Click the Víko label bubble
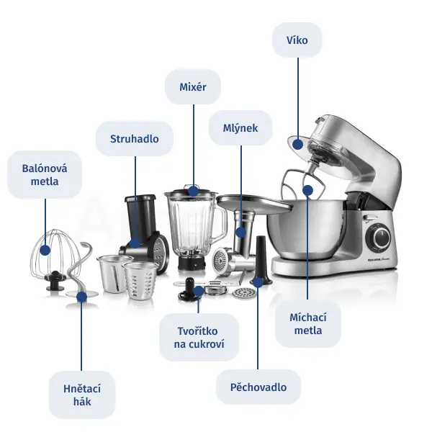coord(297,40)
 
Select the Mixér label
coord(193,87)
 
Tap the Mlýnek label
coord(240,128)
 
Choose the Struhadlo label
coord(135,138)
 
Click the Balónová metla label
coord(45,175)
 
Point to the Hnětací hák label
coord(82,395)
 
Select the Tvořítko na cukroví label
coord(199,337)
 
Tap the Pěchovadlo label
coord(258,387)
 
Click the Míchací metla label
coord(308,323)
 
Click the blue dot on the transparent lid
coord(298,145)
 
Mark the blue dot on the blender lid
coord(194,191)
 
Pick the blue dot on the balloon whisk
coord(45,250)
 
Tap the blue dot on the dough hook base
coord(81,297)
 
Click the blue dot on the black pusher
coord(258,282)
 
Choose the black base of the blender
coord(192,263)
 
